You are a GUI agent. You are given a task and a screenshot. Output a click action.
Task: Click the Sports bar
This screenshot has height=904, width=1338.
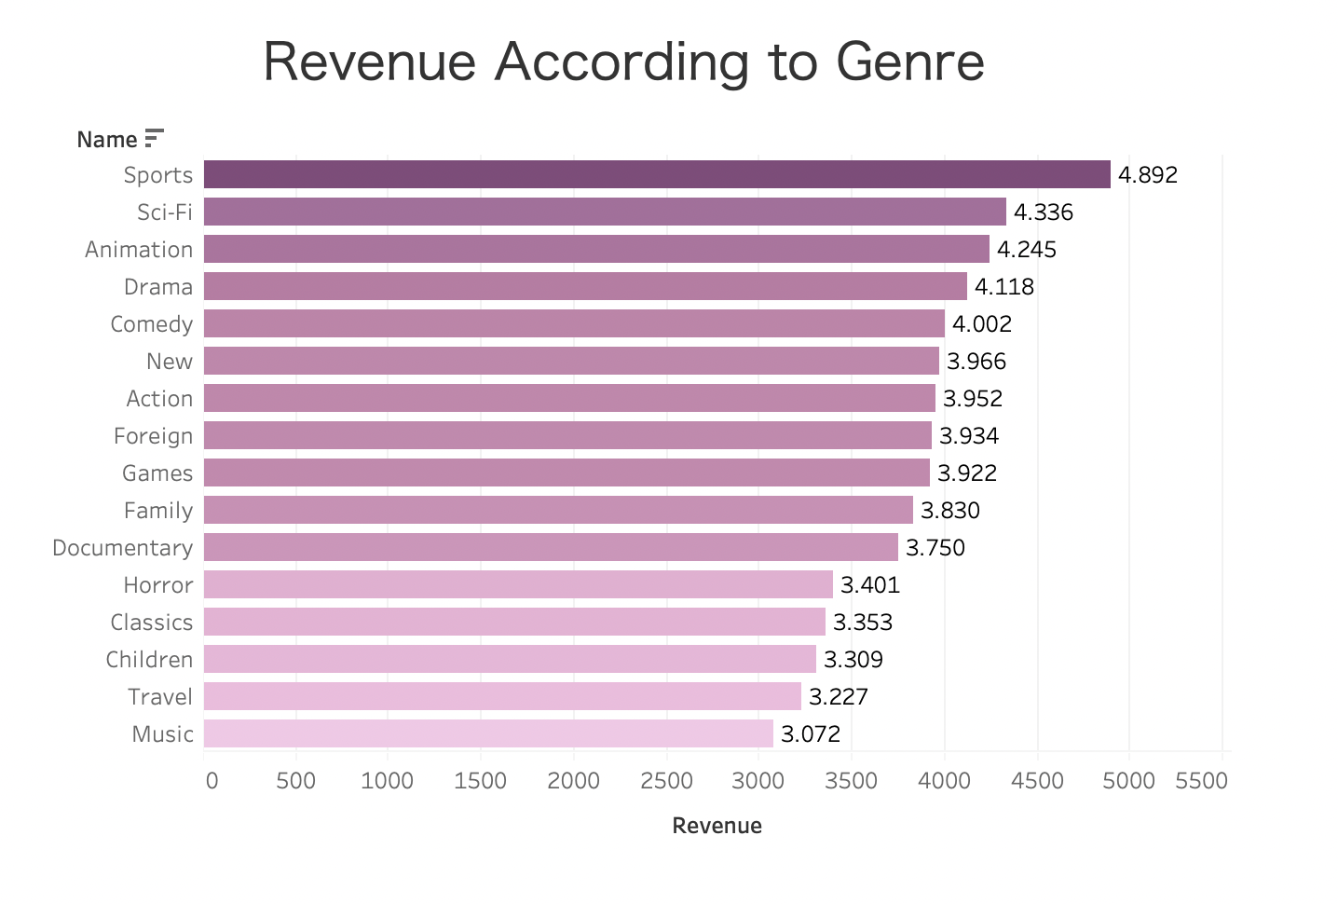coord(657,174)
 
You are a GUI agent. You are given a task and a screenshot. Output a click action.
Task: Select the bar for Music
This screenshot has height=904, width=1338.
coord(488,733)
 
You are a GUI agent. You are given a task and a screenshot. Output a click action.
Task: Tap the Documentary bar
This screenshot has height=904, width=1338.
coord(551,547)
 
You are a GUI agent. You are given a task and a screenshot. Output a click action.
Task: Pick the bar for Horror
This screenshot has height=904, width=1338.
coord(518,584)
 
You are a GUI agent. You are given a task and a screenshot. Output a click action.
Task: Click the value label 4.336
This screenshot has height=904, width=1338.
coord(1043,212)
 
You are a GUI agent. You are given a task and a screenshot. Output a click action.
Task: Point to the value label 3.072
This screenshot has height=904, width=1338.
coord(810,734)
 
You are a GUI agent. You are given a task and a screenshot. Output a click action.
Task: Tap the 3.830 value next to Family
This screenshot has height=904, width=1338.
coord(949,511)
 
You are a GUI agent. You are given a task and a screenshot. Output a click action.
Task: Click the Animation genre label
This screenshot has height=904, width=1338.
coord(139,250)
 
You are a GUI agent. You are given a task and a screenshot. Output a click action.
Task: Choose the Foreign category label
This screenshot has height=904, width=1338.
coord(153,436)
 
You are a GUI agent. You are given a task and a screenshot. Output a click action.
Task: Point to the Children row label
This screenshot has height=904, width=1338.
coord(149,660)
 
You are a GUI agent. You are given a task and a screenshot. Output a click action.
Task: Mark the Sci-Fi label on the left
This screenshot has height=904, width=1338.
coord(165,212)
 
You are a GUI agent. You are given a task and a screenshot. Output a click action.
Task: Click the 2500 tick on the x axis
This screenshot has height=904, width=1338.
coord(666,780)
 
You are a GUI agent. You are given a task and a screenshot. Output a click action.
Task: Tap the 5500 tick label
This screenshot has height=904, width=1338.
coord(1201,780)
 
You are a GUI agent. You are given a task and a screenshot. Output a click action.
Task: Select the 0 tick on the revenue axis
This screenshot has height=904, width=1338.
coord(212,780)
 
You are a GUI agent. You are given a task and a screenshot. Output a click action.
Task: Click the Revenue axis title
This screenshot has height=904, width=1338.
coord(717,826)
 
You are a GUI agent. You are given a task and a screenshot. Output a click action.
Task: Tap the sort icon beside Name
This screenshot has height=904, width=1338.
coord(155,139)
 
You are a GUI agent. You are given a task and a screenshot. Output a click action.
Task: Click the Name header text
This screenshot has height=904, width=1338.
coord(106,140)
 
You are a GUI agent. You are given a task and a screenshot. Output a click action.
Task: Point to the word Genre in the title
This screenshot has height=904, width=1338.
coord(909,62)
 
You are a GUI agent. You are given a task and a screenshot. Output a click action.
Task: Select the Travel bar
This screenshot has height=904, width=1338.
coord(502,696)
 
